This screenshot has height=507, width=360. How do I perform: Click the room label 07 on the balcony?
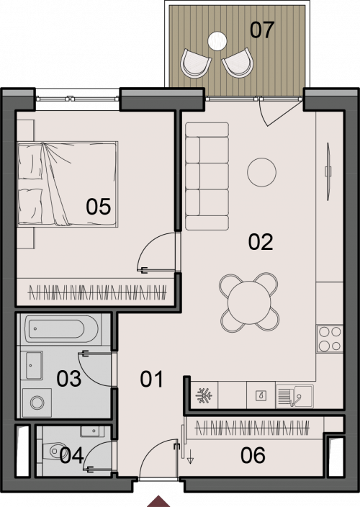(262, 30)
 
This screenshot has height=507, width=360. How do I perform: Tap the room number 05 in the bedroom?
(98, 207)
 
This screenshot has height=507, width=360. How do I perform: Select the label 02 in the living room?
(261, 242)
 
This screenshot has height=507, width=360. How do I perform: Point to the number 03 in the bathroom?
(69, 379)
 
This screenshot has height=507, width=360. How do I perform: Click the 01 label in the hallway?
(152, 380)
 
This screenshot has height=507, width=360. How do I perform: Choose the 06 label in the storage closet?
(253, 455)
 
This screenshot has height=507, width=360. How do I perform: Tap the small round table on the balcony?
(217, 41)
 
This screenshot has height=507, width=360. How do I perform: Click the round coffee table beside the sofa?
(262, 172)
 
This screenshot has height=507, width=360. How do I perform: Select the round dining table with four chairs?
(249, 302)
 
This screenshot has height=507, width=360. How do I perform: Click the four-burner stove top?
(330, 339)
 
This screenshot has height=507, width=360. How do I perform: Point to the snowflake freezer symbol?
(204, 395)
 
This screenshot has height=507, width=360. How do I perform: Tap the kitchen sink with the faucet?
(294, 396)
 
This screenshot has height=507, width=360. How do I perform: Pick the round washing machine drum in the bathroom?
(37, 403)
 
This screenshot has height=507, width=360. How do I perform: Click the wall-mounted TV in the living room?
(328, 171)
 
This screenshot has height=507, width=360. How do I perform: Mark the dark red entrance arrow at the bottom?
(158, 501)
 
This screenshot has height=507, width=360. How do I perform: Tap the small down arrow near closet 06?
(190, 457)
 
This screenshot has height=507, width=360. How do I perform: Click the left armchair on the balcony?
(195, 63)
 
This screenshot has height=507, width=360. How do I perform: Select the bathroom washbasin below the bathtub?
(34, 365)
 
